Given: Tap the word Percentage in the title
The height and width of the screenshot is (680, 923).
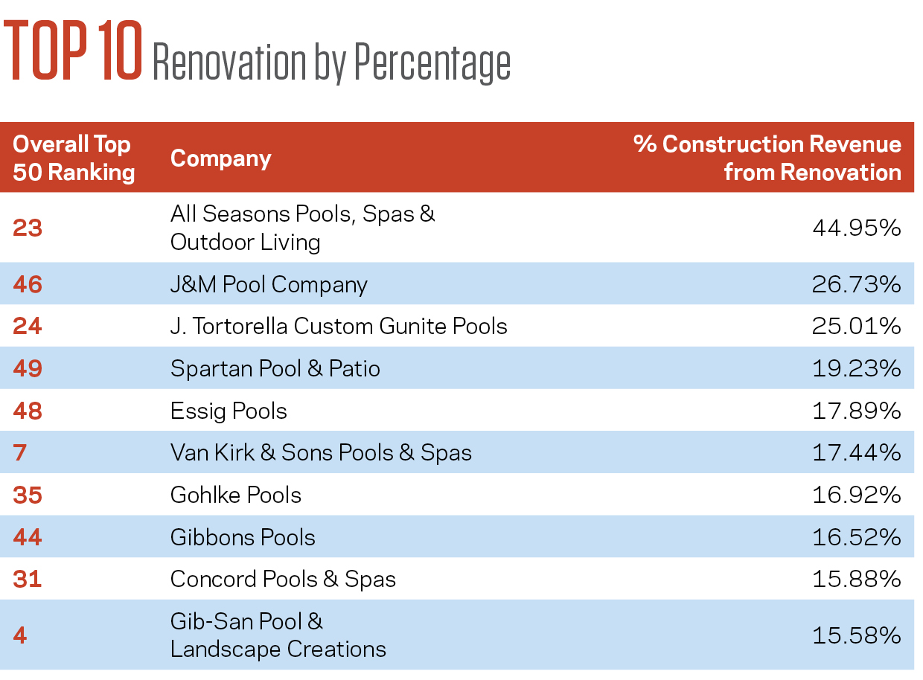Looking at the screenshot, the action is pyautogui.click(x=432, y=63).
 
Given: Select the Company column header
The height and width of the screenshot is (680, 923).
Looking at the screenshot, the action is pyautogui.click(x=221, y=159).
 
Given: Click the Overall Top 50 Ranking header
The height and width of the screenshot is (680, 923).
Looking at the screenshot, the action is pyautogui.click(x=74, y=158).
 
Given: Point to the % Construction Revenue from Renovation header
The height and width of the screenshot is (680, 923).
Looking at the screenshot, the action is pyautogui.click(x=767, y=158).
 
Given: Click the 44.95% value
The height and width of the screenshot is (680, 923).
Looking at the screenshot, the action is pyautogui.click(x=857, y=228).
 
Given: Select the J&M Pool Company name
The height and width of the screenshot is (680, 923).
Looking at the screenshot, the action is pyautogui.click(x=269, y=285).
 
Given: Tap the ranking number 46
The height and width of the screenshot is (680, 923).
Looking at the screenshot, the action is pyautogui.click(x=28, y=284).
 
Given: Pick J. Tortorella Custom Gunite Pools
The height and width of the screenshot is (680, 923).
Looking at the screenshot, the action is pyautogui.click(x=339, y=326).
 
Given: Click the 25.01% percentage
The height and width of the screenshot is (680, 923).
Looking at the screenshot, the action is pyautogui.click(x=857, y=326).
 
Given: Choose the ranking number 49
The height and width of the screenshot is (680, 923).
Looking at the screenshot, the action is pyautogui.click(x=28, y=368).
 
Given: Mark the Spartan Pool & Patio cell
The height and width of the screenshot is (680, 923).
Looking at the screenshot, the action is pyautogui.click(x=275, y=368).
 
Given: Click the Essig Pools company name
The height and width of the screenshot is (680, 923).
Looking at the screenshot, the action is pyautogui.click(x=229, y=411).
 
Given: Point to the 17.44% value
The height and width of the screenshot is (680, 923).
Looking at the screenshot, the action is pyautogui.click(x=857, y=452).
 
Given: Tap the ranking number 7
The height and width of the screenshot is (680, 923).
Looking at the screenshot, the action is pyautogui.click(x=20, y=452).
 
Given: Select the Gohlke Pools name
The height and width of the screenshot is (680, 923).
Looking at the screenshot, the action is pyautogui.click(x=236, y=495).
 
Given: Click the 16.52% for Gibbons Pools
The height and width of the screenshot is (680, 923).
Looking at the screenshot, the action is pyautogui.click(x=857, y=537).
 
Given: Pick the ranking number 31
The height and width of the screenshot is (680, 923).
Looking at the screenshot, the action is pyautogui.click(x=28, y=579).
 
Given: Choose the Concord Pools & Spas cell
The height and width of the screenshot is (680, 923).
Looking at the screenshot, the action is pyautogui.click(x=283, y=579).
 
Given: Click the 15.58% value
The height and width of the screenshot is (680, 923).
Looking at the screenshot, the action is pyautogui.click(x=857, y=635).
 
